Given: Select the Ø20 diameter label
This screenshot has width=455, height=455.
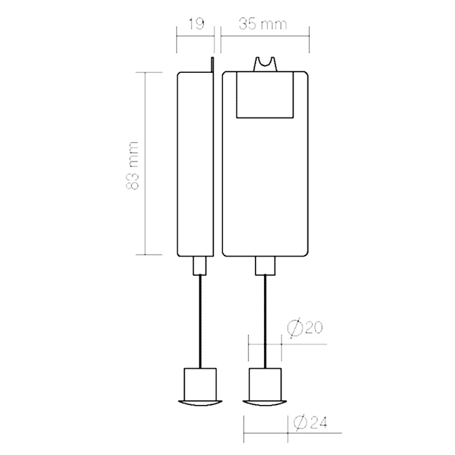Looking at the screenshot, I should pyautogui.click(x=305, y=329).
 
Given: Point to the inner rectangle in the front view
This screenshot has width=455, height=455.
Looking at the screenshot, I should pyautogui.click(x=265, y=94).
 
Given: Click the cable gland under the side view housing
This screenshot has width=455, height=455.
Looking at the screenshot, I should pyautogui.click(x=200, y=265).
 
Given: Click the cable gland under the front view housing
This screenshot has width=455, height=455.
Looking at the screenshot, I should pyautogui.click(x=265, y=265).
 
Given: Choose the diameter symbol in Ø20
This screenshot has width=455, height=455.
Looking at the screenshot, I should pyautogui.click(x=293, y=329).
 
